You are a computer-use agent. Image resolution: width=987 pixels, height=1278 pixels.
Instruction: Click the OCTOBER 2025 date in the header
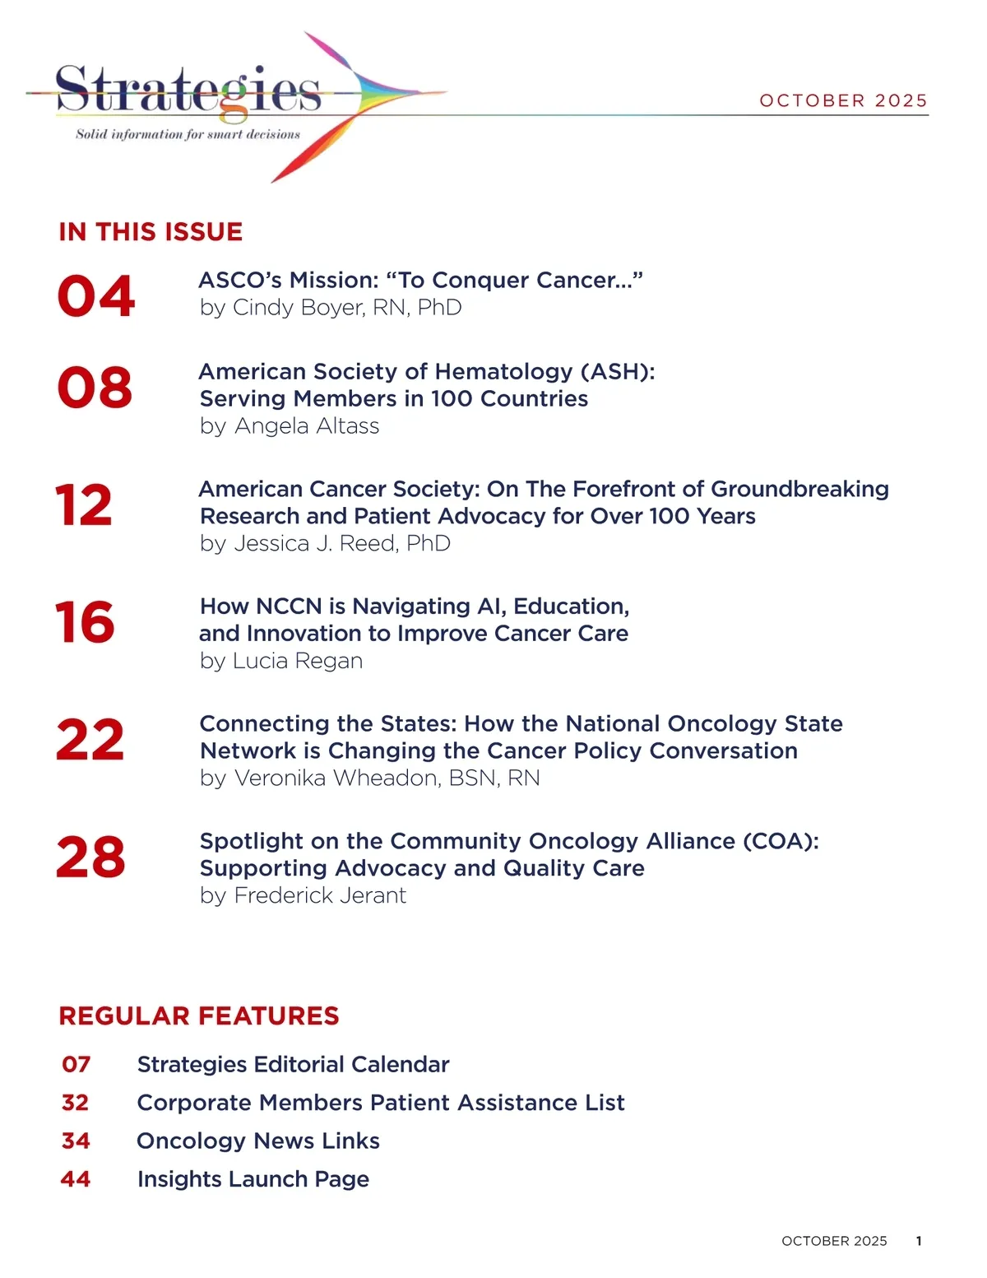pyautogui.click(x=843, y=100)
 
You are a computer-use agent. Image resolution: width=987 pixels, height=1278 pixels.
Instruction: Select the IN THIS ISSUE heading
pyautogui.click(x=151, y=232)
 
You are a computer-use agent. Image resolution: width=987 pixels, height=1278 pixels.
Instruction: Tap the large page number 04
pyautogui.click(x=95, y=296)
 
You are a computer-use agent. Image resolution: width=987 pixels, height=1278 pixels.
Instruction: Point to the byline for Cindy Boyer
pyautogui.click(x=331, y=308)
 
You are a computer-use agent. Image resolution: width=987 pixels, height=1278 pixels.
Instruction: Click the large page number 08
pyautogui.click(x=95, y=388)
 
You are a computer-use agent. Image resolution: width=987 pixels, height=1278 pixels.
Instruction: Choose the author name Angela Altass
pyautogui.click(x=307, y=426)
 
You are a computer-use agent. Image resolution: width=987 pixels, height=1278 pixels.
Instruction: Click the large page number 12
pyautogui.click(x=84, y=505)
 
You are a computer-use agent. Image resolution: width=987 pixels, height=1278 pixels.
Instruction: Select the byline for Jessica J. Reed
pyautogui.click(x=325, y=544)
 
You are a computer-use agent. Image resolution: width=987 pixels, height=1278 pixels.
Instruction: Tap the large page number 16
pyautogui.click(x=85, y=623)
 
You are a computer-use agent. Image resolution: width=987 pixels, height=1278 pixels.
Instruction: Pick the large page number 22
pyautogui.click(x=90, y=741)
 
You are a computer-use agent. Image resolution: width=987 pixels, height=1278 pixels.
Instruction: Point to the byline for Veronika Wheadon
pyautogui.click(x=370, y=778)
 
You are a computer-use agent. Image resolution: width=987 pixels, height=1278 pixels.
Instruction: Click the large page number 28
pyautogui.click(x=90, y=857)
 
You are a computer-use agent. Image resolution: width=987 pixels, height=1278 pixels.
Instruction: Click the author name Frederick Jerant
pyautogui.click(x=320, y=896)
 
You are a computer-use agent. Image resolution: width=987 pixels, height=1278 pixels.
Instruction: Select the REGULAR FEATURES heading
pyautogui.click(x=199, y=1016)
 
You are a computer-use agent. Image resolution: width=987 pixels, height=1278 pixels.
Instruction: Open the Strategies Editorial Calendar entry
pyautogui.click(x=293, y=1065)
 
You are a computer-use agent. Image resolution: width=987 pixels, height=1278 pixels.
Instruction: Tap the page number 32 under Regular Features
pyautogui.click(x=75, y=1103)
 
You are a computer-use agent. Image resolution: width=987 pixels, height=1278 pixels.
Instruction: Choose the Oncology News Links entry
pyautogui.click(x=258, y=1141)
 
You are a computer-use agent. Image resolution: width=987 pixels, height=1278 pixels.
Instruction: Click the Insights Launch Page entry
pyautogui.click(x=253, y=1179)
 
